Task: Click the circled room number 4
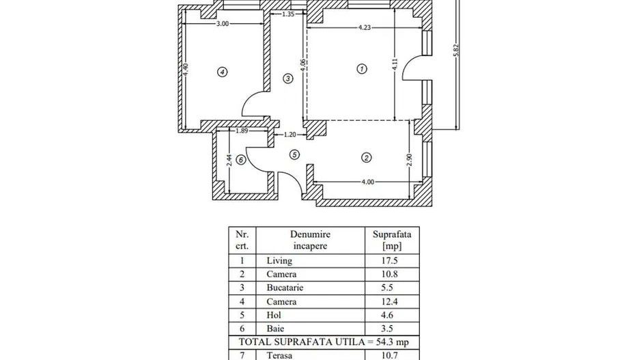tap(221, 72)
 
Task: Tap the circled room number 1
tap(362, 68)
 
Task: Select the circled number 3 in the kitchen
tap(288, 79)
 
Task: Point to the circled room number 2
tap(367, 158)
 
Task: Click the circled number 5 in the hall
tap(294, 155)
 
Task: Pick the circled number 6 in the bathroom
tap(240, 161)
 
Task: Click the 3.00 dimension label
tap(223, 23)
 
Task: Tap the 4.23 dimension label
tap(365, 28)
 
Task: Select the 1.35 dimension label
tap(287, 14)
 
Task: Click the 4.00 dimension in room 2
tap(367, 182)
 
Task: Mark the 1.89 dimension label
tap(242, 131)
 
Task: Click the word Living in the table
tap(279, 261)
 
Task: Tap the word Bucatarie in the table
tap(285, 288)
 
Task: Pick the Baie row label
tap(275, 329)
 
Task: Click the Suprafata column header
tap(392, 234)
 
